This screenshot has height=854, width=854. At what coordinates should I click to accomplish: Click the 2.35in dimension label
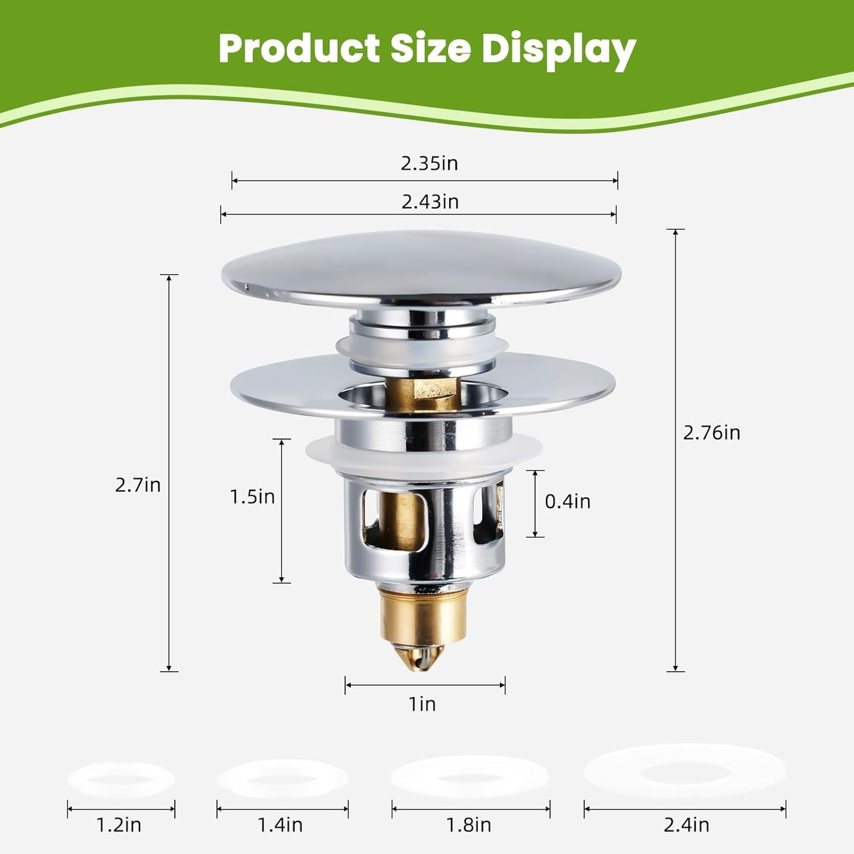[x=429, y=163]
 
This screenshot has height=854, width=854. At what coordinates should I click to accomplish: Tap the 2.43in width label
[x=430, y=202]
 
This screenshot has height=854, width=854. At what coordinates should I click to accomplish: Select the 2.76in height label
[x=711, y=433]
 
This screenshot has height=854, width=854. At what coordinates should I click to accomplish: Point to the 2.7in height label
[x=138, y=485]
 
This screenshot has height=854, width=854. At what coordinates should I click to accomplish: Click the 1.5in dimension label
[x=252, y=496]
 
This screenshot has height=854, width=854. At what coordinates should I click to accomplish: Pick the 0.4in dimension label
[x=567, y=501]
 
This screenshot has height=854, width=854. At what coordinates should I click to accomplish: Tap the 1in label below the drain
[x=422, y=704]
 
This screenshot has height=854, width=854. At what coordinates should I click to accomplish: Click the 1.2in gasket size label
[x=119, y=824]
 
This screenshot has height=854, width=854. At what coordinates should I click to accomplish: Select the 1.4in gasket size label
[x=280, y=824]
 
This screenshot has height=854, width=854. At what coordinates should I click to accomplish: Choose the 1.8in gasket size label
[x=469, y=824]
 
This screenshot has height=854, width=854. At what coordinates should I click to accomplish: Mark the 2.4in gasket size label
[x=686, y=824]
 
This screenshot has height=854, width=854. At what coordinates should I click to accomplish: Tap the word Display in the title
[x=558, y=50]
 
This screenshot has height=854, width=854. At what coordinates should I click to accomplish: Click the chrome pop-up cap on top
[x=421, y=269]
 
